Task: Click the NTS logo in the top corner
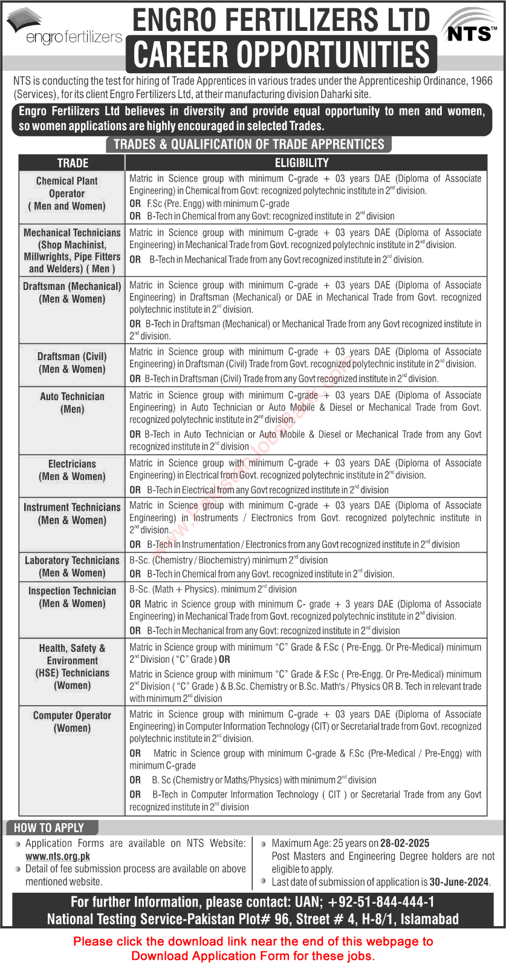469,28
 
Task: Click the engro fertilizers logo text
74,38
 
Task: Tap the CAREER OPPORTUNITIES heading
281,54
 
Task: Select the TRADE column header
73,163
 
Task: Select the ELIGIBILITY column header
302,163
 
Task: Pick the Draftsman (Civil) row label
72,363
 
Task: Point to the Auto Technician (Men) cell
72,402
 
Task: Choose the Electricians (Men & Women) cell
72,470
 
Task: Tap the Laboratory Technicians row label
72,567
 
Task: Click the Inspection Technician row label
72,597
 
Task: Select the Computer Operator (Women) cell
72,721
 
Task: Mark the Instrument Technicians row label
72,513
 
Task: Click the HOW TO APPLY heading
49,827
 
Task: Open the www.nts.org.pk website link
58,856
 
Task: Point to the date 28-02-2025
405,843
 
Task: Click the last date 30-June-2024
459,882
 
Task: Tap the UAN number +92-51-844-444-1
381,902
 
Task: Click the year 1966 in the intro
481,80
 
